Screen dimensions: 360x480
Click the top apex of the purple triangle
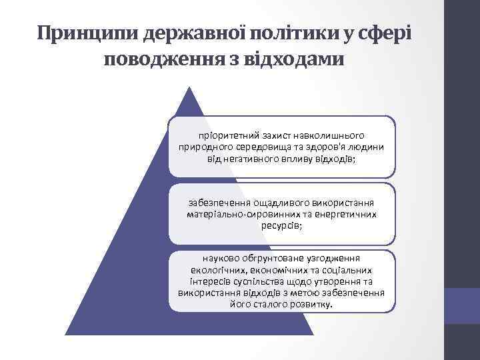point(191,87)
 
